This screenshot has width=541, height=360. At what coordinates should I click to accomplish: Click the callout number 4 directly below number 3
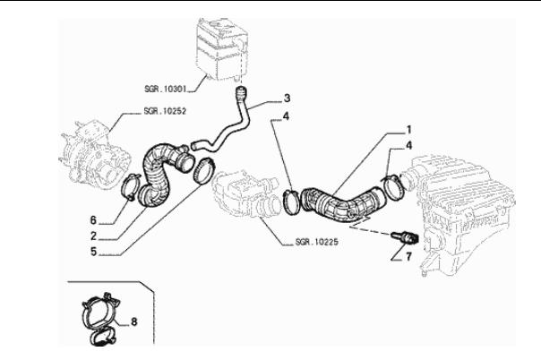[286, 116]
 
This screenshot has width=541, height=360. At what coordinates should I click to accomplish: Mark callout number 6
[92, 219]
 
